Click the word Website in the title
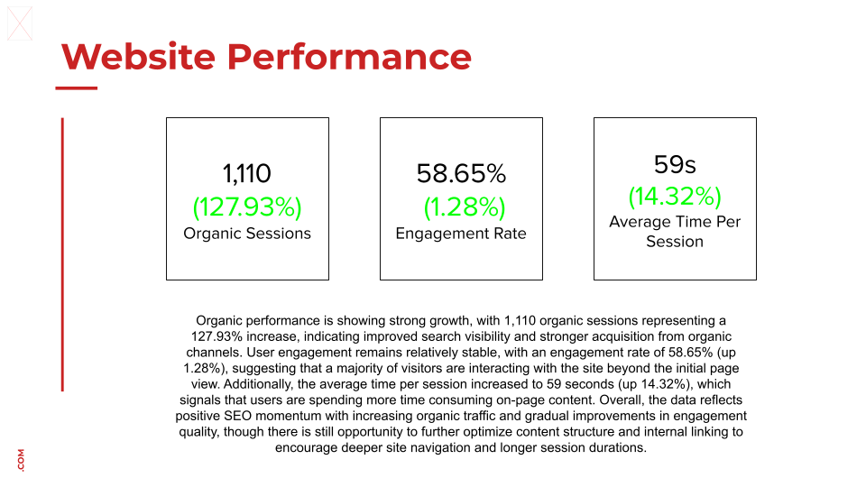137,57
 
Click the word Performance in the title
348,57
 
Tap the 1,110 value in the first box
246,173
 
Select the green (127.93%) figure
246,207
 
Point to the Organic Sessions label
246,234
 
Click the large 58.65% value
461,173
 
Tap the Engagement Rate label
461,234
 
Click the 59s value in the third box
675,164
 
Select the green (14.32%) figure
675,196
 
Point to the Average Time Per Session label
675,232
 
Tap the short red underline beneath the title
77,88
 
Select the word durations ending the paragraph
616,448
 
